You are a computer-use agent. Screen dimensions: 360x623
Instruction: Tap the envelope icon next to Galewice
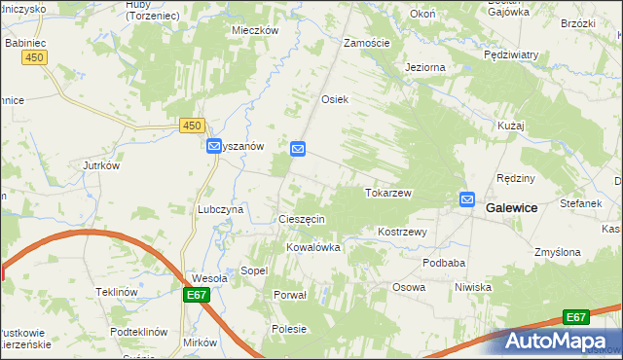467,200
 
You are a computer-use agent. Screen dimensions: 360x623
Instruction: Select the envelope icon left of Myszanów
214,146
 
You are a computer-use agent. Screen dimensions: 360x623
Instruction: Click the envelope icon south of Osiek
298,149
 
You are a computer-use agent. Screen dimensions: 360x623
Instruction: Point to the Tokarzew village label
388,193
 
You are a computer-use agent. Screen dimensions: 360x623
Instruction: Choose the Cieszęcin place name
302,220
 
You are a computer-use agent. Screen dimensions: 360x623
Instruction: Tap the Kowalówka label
312,247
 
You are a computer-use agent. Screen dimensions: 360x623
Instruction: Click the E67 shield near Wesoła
195,294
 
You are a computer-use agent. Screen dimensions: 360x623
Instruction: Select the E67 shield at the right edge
576,317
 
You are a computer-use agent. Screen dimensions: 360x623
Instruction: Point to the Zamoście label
368,43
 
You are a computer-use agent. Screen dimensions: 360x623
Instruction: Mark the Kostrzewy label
403,233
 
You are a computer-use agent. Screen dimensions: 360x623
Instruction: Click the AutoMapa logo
553,341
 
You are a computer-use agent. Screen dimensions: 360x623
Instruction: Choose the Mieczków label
255,30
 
